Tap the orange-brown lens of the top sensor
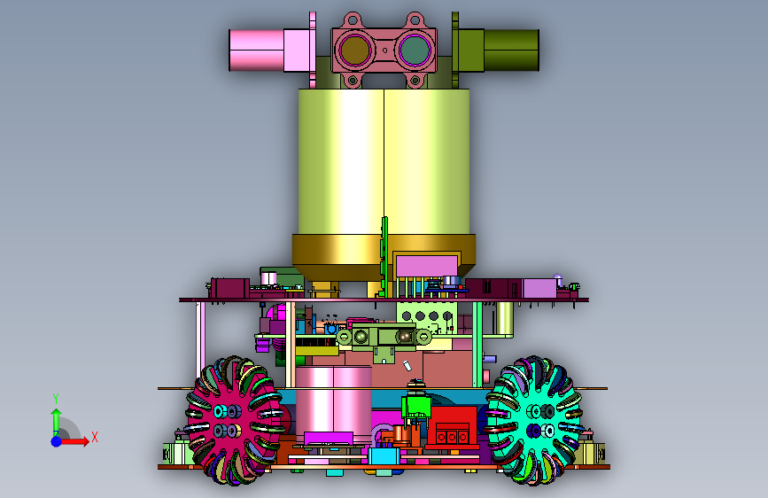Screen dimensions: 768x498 pyautogui.click(x=354, y=50)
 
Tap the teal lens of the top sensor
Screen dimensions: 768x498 pyautogui.click(x=415, y=50)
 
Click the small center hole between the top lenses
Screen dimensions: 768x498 pyautogui.click(x=385, y=50)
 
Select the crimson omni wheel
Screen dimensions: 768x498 pyautogui.click(x=233, y=421)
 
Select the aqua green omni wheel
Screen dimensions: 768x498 pyautogui.click(x=534, y=421)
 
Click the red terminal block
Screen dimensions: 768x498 pyautogui.click(x=452, y=427)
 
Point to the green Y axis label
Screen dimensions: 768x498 pyautogui.click(x=56, y=399)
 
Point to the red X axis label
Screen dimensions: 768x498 pyautogui.click(x=95, y=437)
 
